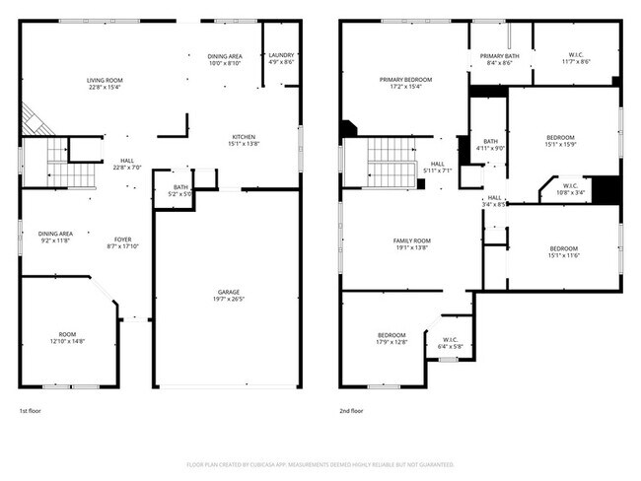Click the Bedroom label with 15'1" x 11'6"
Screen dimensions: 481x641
(564, 251)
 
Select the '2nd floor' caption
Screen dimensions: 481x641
(352, 410)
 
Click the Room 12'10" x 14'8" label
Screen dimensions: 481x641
(67, 337)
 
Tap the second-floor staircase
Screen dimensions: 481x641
(388, 162)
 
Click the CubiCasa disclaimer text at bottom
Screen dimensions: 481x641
(320, 463)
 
